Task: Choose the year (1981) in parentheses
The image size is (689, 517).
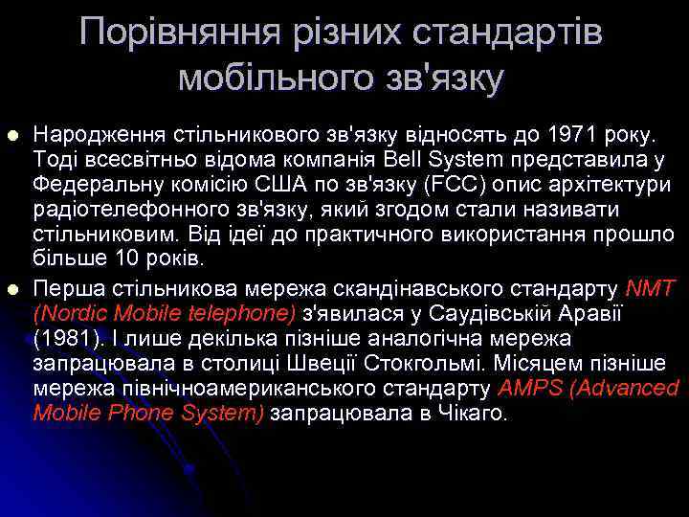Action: click(x=63, y=338)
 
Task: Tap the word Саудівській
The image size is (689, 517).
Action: click(x=504, y=312)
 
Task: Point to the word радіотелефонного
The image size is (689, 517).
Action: click(x=113, y=209)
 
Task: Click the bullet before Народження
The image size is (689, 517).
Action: click(x=12, y=134)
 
